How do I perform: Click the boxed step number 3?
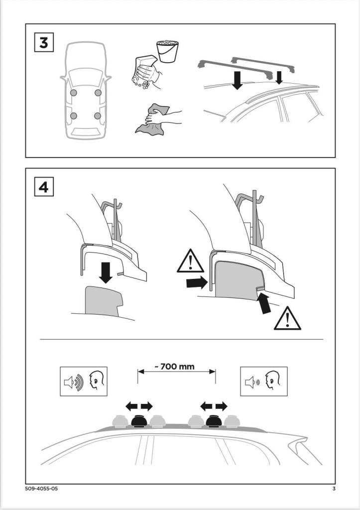coord(44,43)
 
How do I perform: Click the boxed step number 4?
coord(44,187)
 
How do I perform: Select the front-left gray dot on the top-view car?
coord(73,93)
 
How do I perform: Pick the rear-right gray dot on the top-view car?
coord(98,116)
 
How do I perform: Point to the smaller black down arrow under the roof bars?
coord(278,77)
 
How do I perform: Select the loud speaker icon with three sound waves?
coord(73,382)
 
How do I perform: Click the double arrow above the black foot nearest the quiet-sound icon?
coord(214,406)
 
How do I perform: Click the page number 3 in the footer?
coord(334,489)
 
